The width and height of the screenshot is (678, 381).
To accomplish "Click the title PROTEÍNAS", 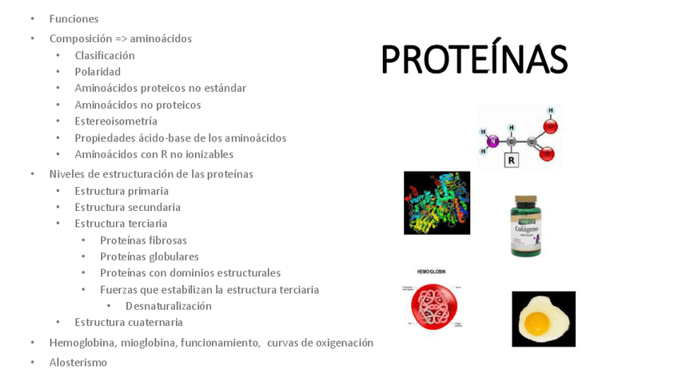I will tap(473, 60).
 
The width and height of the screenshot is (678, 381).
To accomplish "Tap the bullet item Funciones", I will tap(74, 18).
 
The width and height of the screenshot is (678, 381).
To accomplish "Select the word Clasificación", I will tap(105, 55).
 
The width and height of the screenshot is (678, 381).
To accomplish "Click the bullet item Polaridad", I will tap(98, 72).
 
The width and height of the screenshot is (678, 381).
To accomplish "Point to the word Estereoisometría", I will tap(116, 121).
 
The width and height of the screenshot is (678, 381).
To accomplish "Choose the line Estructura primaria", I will tap(122, 191).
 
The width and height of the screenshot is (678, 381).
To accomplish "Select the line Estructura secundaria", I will tap(127, 207).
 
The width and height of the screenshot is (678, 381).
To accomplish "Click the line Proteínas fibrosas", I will tap(143, 240).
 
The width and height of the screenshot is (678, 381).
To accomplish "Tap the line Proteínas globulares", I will tap(150, 256).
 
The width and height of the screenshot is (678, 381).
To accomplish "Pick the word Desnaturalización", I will tap(169, 306).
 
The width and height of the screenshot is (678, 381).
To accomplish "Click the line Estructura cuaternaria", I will tap(129, 322).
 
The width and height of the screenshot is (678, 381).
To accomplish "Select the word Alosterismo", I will tap(78, 362).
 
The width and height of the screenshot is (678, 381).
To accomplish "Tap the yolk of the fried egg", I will tap(536, 323).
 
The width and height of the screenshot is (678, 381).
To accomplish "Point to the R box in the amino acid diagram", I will tap(512, 160).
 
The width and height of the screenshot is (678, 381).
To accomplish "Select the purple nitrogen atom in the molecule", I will tap(493, 141).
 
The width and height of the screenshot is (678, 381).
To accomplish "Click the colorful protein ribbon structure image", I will tap(437, 203).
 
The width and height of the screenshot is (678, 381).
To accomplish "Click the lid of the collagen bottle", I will tap(526, 200).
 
